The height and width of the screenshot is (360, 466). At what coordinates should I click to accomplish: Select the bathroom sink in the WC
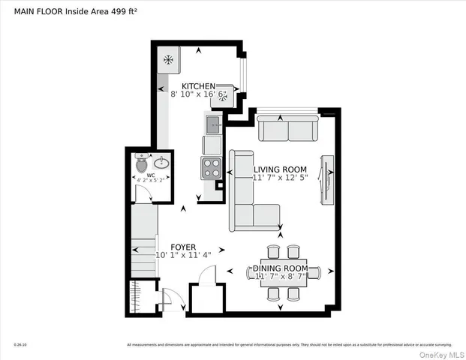click(x=160, y=163)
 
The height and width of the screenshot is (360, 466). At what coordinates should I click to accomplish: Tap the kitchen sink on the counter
click(x=212, y=124)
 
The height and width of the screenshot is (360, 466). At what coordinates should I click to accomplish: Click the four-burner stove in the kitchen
click(x=211, y=166)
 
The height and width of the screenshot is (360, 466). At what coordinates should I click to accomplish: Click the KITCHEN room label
click(x=198, y=87)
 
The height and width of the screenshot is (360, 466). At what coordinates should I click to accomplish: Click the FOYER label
click(x=183, y=247)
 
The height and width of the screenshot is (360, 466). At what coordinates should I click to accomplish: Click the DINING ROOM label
click(x=280, y=268)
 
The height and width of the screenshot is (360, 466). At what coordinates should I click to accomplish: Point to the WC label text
click(x=151, y=175)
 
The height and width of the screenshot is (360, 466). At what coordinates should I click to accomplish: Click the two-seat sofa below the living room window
click(x=287, y=130)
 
